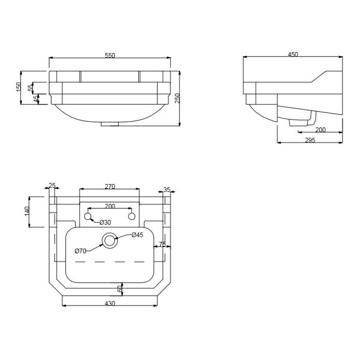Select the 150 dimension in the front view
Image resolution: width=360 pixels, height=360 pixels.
click(19, 86)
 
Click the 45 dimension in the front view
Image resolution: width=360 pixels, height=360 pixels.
click(35, 99)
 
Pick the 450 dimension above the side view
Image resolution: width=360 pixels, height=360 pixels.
click(292, 55)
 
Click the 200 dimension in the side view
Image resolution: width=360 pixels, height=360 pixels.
click(320, 130)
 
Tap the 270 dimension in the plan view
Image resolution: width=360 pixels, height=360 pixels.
click(109, 187)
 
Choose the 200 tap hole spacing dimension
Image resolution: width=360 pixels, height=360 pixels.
click(109, 206)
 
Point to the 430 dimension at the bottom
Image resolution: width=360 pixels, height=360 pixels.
click(109, 303)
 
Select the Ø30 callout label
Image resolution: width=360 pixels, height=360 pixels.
click(105, 223)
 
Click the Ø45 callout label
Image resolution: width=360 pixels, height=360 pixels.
click(137, 235)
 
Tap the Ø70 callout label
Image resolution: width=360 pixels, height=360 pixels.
click(81, 251)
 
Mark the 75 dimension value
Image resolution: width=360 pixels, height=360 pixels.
click(162, 244)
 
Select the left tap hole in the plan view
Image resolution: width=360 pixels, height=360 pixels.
click(87, 216)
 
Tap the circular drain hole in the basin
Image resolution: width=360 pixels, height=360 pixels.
click(109, 240)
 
